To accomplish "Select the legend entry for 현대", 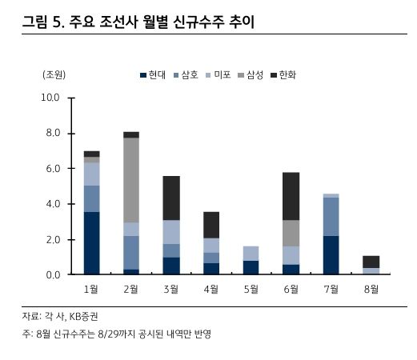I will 152,74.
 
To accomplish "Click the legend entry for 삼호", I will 185,74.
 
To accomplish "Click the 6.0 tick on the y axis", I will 51,169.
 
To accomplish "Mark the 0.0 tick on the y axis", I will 51,275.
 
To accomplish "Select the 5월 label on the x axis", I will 251,289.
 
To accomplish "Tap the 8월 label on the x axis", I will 371,289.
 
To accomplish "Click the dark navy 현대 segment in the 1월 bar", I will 91,243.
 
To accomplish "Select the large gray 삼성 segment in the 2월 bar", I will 131,180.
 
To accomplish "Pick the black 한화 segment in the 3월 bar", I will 171,198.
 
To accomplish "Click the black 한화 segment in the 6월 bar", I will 291,196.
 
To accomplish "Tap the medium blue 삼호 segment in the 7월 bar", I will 331,216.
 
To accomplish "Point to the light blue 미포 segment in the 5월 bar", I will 251,253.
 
